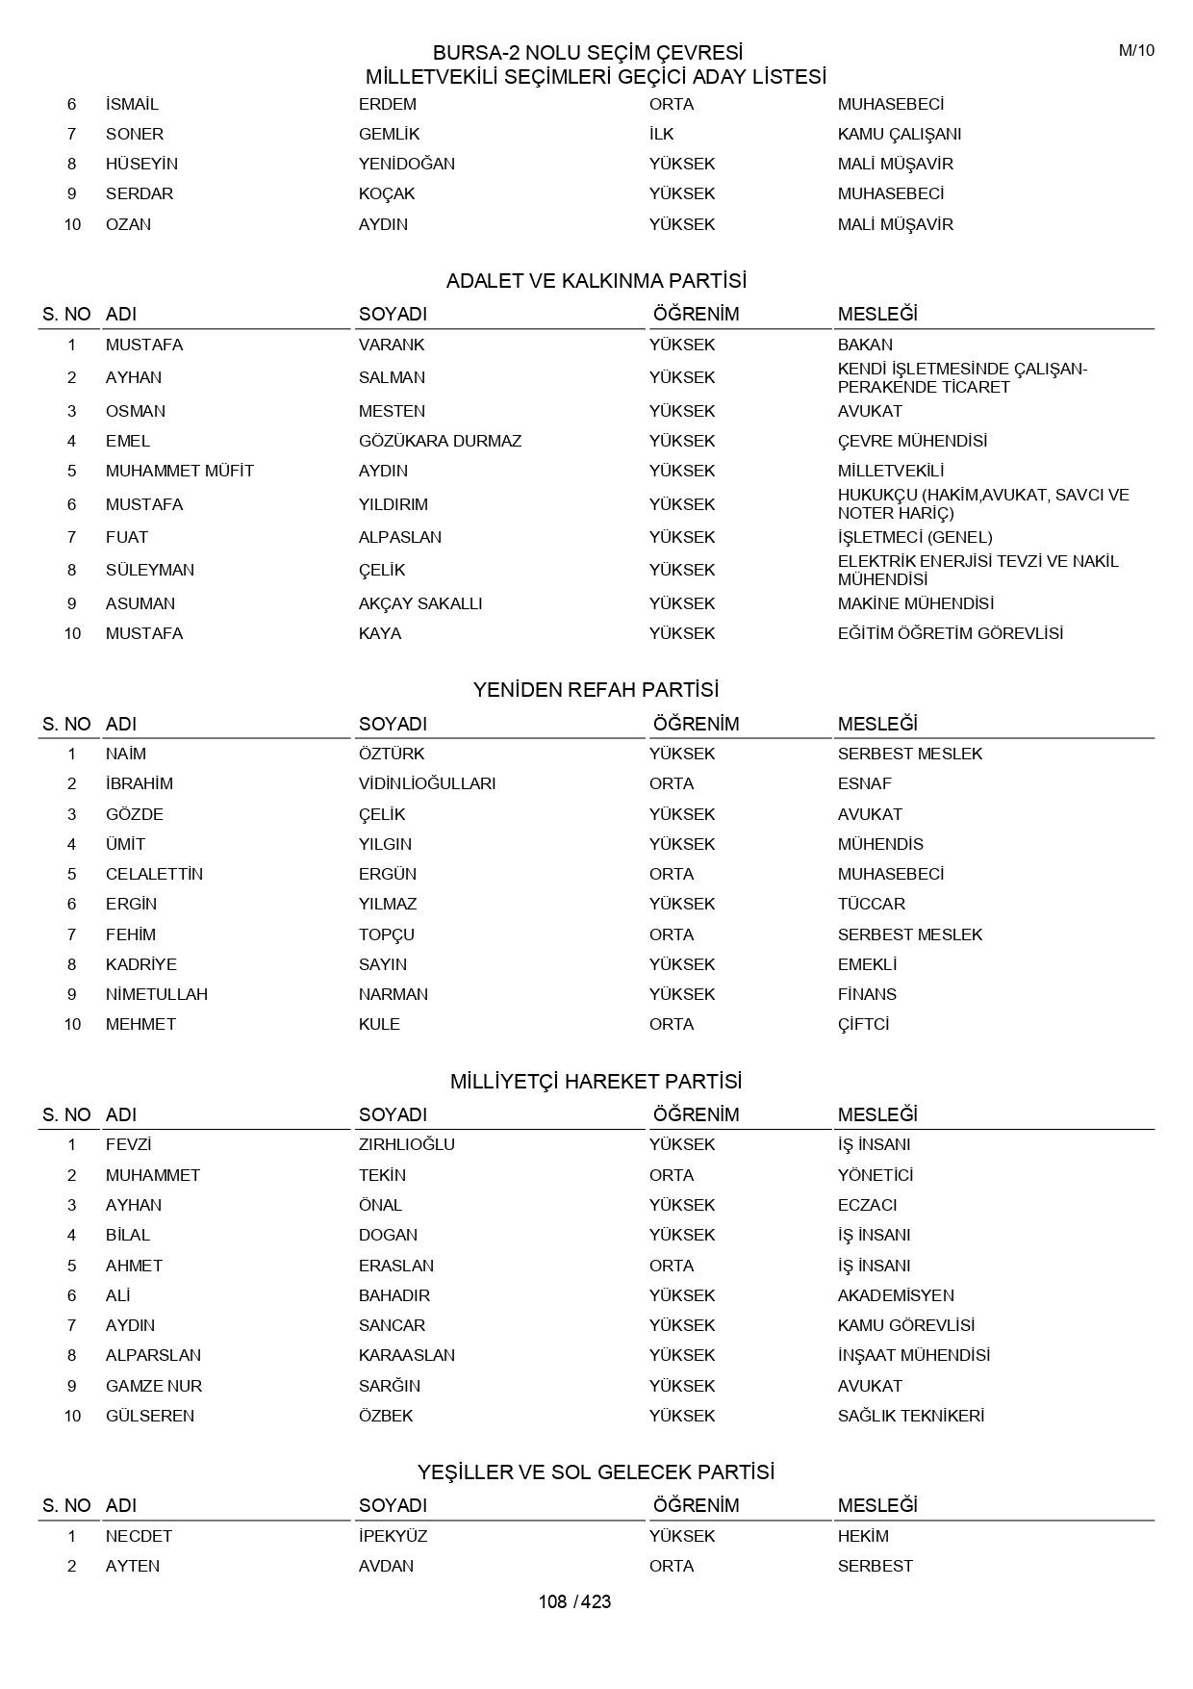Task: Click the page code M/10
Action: [x=1136, y=51]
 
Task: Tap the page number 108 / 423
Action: [x=574, y=1601]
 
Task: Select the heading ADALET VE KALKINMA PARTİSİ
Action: [x=596, y=281]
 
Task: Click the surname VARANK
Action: [x=392, y=345]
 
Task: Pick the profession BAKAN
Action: [x=865, y=345]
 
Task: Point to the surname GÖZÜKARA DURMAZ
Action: [x=440, y=441]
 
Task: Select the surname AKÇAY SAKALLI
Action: [x=420, y=603]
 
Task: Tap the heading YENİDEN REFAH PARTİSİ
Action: [x=596, y=690]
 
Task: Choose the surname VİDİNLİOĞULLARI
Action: [x=427, y=783]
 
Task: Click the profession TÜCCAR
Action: [x=871, y=904]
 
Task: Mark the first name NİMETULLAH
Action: [x=157, y=994]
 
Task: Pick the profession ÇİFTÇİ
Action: [x=863, y=1024]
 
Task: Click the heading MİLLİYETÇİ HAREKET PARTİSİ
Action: [x=596, y=1082]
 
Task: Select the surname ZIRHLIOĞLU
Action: [x=407, y=1144]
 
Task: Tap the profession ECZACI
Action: [x=867, y=1205]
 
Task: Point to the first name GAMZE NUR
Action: [x=154, y=1386]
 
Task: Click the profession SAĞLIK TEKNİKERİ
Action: [x=911, y=1416]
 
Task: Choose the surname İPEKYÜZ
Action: [x=393, y=1536]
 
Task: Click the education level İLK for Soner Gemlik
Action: [x=662, y=134]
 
